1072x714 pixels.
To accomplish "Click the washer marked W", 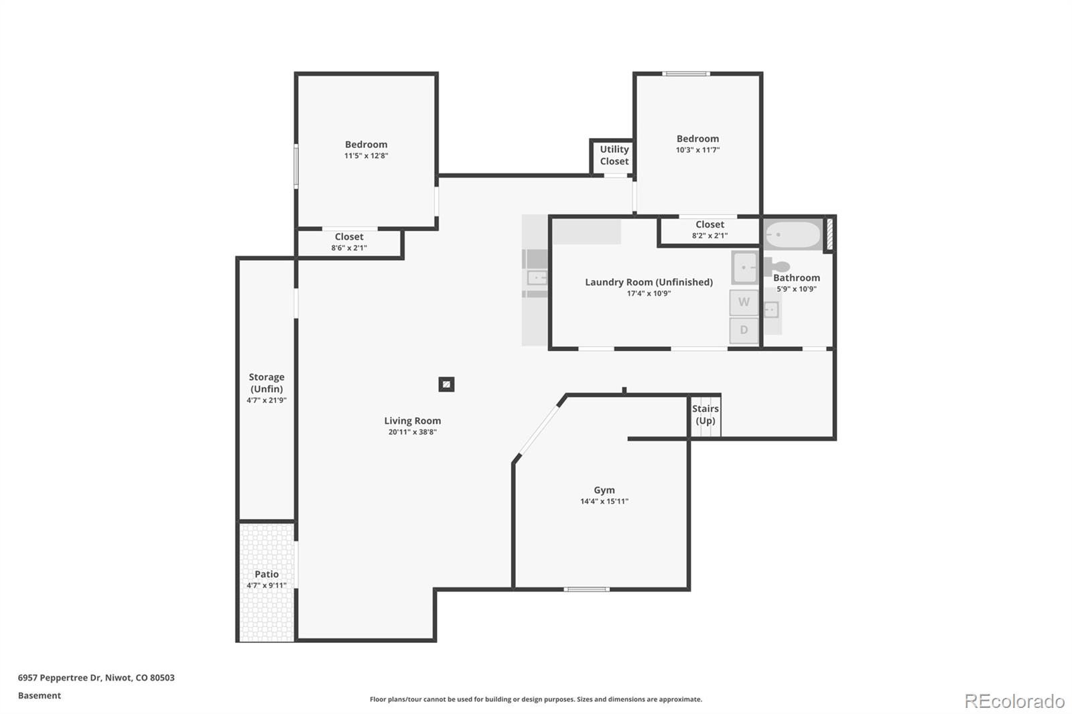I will pos(744,302).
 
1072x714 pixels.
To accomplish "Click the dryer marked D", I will pos(744,330).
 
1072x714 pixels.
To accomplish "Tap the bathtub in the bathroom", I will pos(793,235).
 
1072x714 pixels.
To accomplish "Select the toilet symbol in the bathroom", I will pos(777,266).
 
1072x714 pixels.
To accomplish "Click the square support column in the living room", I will pos(446,384).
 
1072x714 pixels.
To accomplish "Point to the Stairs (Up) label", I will pos(706,415).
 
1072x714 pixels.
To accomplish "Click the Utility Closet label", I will pos(614,155).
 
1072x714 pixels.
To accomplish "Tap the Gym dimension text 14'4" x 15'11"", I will pos(604,502).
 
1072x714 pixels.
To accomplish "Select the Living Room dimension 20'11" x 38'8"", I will pos(413,432).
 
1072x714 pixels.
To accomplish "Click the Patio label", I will pos(266,574).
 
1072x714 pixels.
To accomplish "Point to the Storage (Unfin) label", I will pos(267,382).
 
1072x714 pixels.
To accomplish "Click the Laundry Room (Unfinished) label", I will pos(649,282).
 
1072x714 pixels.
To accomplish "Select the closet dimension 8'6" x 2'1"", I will pos(349,248).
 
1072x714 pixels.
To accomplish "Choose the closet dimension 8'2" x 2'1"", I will pos(710,236).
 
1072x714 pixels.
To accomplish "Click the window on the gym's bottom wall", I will pos(586,589).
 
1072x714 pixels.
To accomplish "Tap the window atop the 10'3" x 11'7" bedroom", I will pos(685,74).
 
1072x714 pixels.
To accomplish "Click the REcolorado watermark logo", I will pos(1014,701).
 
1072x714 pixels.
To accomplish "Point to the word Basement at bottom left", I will pos(40,695).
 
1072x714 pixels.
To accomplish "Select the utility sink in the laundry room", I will pos(744,267).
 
